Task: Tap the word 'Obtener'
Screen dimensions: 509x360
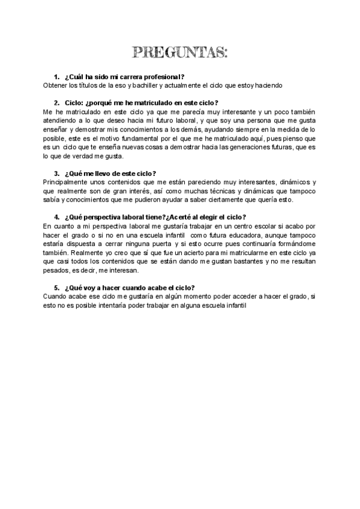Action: (58, 86)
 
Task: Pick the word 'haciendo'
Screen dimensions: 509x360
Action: (266, 86)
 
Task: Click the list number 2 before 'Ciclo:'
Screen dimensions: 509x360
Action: (56, 103)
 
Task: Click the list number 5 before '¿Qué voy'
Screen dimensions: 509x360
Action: (56, 288)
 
